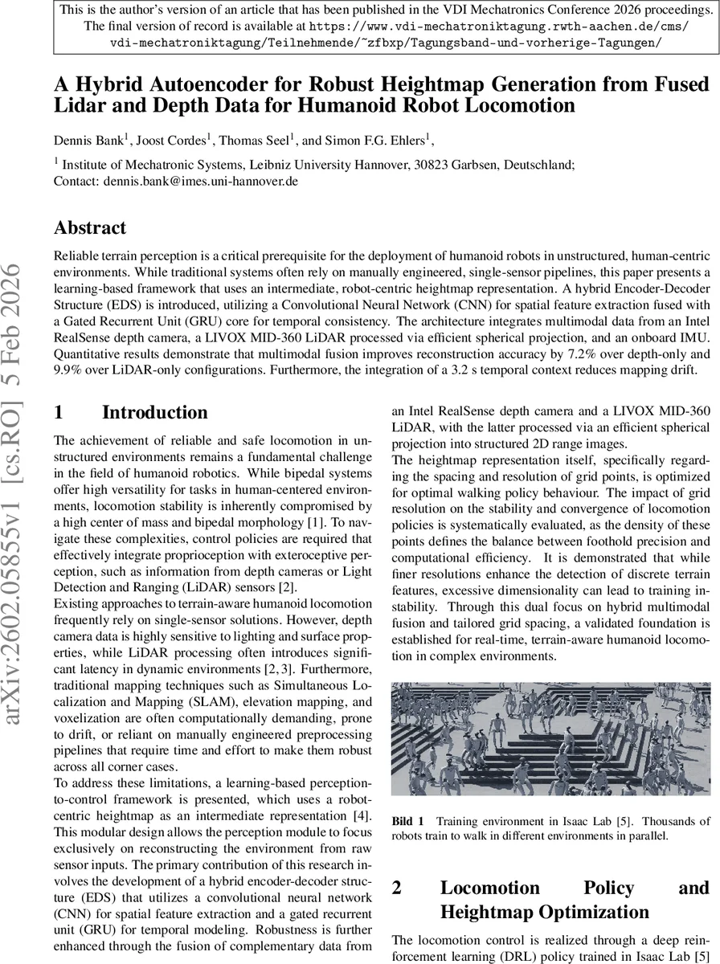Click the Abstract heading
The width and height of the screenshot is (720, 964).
90,228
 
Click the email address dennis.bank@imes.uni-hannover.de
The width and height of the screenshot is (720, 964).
201,182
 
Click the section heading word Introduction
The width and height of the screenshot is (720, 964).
154,413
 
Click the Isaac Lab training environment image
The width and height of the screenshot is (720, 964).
550,739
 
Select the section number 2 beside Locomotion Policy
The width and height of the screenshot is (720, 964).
398,888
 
